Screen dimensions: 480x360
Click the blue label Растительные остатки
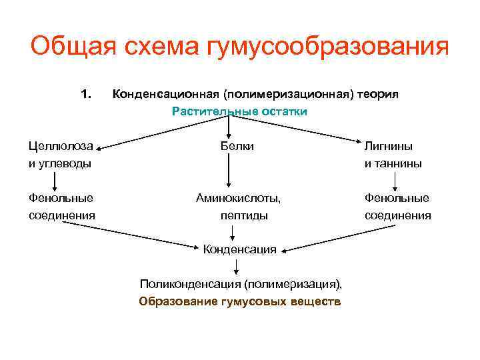239,111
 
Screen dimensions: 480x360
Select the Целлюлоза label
61,145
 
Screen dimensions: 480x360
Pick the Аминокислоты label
238,198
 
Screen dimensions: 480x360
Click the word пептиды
244,215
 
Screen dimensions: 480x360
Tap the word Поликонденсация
189,285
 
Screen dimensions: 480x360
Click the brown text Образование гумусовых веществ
239,301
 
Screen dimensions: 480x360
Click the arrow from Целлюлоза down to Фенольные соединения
54,180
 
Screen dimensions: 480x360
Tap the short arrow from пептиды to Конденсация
233,233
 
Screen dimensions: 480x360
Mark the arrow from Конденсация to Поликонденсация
237,267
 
